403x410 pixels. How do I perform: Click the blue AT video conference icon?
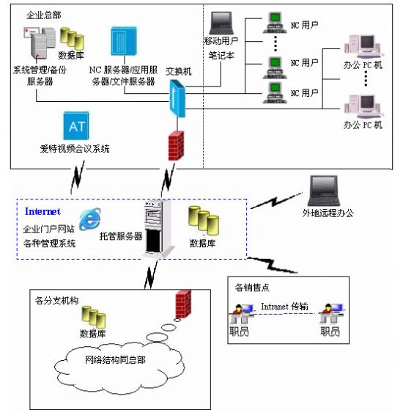pyautogui.click(x=76, y=125)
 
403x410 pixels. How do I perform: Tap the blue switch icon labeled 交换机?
pyautogui.click(x=177, y=99)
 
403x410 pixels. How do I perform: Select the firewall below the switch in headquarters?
pyautogui.click(x=176, y=146)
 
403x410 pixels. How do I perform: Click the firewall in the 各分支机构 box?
pyautogui.click(x=183, y=304)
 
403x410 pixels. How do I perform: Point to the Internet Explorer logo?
pyautogui.click(x=90, y=219)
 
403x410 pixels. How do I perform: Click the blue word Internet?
pyautogui.click(x=42, y=211)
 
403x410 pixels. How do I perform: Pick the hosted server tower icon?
pyautogui.click(x=158, y=229)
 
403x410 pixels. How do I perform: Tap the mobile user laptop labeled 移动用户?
pyautogui.click(x=221, y=23)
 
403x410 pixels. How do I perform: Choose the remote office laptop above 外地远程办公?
pyautogui.click(x=324, y=191)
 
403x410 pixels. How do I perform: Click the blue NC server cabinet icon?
pyautogui.click(x=124, y=41)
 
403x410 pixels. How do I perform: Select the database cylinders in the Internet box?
pyautogui.click(x=204, y=221)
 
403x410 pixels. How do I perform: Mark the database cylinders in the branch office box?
pyautogui.click(x=94, y=317)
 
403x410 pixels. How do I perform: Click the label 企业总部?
pyautogui.click(x=44, y=15)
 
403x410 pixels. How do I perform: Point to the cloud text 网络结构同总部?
pyautogui.click(x=115, y=360)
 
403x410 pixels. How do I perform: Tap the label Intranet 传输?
pyautogui.click(x=285, y=306)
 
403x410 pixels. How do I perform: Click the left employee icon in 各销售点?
pyautogui.click(x=242, y=313)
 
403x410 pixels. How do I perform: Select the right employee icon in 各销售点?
pyautogui.click(x=332, y=313)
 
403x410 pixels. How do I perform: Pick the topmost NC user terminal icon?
pyautogui.click(x=275, y=23)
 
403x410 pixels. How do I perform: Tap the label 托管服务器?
pyautogui.click(x=121, y=236)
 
